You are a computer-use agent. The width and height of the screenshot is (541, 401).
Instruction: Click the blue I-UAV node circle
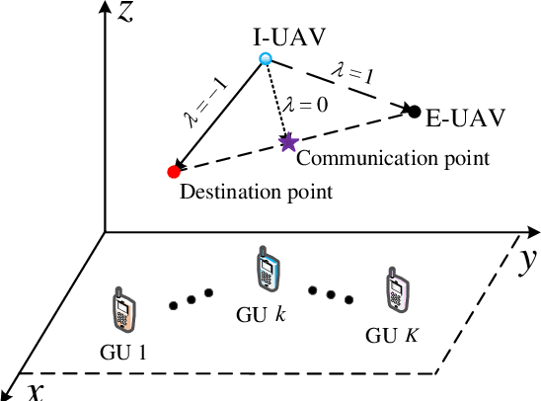point(265,60)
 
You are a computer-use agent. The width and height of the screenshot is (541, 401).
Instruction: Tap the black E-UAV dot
point(415,111)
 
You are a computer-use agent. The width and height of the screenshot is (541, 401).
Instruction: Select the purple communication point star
point(287,142)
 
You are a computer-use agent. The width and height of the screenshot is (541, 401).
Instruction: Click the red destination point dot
point(175,171)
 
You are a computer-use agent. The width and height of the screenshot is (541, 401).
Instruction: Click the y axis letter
point(526,260)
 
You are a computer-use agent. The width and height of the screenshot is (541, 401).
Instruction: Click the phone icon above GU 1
point(122,312)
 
